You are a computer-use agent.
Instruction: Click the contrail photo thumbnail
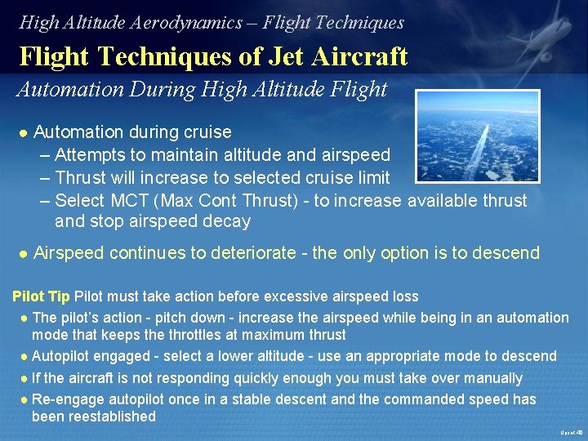click(478, 135)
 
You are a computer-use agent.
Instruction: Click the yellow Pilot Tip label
click(41, 296)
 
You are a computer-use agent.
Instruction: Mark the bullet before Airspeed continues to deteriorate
click(23, 254)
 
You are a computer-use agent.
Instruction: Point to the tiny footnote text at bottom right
click(571, 432)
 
